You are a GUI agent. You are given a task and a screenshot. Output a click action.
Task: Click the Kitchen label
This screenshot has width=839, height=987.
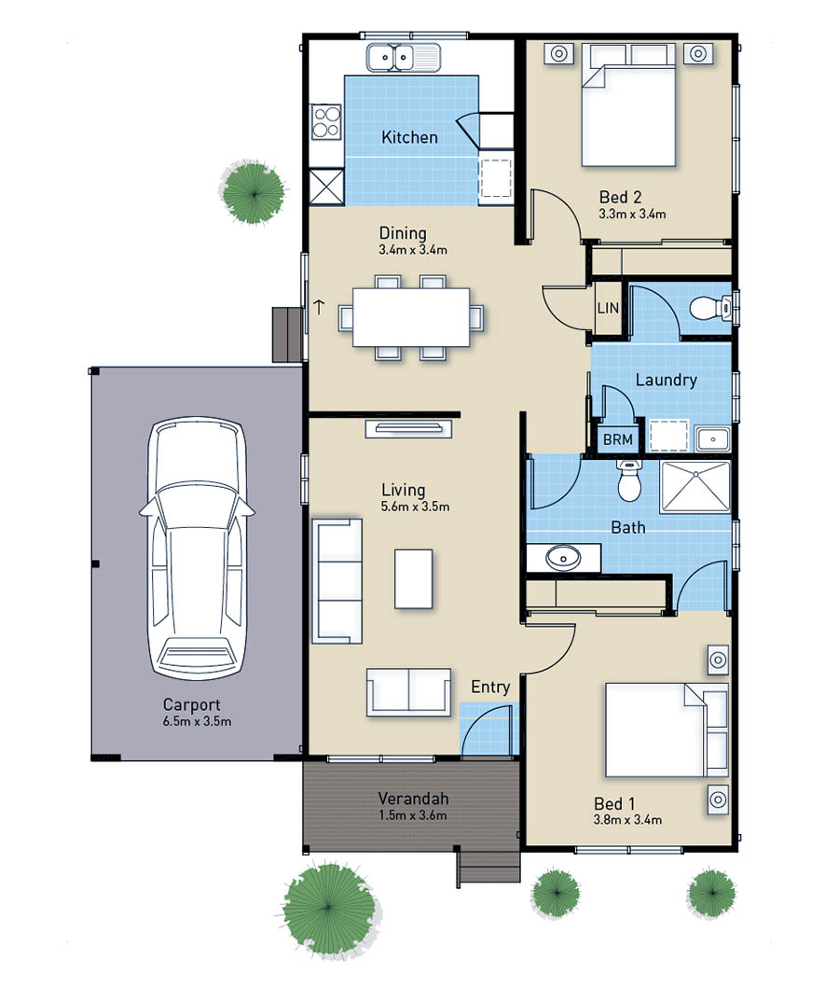409,137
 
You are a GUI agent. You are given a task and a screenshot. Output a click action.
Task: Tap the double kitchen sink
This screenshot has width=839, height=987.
404,57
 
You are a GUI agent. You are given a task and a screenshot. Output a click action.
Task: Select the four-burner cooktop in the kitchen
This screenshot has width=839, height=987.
326,122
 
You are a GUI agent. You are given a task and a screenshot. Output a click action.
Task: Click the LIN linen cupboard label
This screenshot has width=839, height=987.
608,309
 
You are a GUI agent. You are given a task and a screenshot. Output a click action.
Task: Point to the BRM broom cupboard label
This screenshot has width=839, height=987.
618,439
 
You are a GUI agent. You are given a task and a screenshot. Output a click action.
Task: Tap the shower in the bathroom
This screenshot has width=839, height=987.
695,487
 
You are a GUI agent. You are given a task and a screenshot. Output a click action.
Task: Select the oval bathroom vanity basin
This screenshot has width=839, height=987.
563,558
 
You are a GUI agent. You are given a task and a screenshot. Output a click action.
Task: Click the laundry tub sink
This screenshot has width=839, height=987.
712,438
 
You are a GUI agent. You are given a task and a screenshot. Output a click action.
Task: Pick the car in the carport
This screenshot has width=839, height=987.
196,548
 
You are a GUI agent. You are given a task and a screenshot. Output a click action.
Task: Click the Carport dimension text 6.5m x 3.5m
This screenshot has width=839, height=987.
197,722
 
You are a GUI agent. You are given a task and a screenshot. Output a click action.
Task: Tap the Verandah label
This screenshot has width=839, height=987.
413,799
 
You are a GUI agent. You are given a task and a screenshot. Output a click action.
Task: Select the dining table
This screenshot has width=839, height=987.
411,317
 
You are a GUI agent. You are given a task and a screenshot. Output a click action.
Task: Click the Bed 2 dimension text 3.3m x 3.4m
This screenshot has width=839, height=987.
632,214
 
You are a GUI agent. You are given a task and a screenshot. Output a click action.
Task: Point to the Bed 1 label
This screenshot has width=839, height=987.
614,804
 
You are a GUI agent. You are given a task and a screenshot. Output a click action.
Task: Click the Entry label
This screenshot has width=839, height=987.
490,688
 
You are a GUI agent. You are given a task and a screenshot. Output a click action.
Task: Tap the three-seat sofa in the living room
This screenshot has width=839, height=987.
337,581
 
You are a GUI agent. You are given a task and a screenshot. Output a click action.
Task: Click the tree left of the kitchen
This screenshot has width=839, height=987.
253,192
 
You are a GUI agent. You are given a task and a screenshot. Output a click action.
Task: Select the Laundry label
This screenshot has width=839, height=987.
666,381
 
